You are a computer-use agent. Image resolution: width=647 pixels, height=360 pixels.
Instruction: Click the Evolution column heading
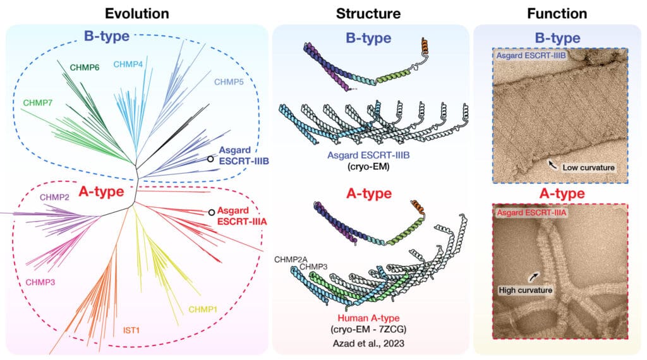pyautogui.click(x=137, y=13)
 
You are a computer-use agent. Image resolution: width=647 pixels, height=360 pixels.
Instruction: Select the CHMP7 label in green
pyautogui.click(x=39, y=102)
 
